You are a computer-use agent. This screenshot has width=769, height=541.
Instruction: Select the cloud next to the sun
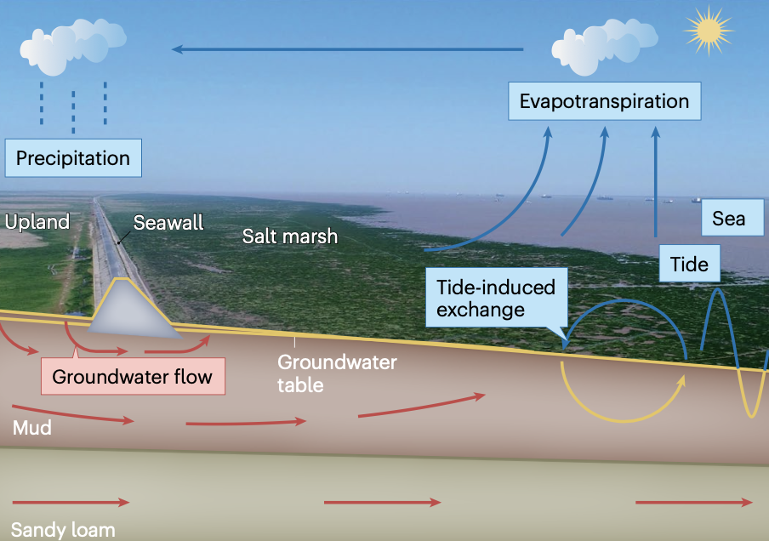595,47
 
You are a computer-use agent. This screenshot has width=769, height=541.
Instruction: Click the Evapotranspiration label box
604,101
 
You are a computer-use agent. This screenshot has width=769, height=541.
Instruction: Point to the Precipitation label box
73,158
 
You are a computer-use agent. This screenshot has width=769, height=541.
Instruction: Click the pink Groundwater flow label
132,376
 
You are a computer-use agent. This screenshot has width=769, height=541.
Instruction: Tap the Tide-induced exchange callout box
495,299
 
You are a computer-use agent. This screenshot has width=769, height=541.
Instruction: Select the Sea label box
728,219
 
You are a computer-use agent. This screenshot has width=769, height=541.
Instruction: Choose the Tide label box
689,264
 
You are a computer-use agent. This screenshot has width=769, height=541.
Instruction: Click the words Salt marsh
290,236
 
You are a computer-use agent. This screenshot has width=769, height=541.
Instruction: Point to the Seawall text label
168,223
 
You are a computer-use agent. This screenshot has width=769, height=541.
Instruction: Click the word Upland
37,223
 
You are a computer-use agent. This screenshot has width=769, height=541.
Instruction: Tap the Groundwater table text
337,373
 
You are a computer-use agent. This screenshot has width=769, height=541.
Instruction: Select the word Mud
31,427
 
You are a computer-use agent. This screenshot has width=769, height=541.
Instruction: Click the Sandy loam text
63,529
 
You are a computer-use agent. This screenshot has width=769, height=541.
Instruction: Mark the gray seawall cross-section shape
132,311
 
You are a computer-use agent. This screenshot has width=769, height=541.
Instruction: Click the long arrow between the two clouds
348,49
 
